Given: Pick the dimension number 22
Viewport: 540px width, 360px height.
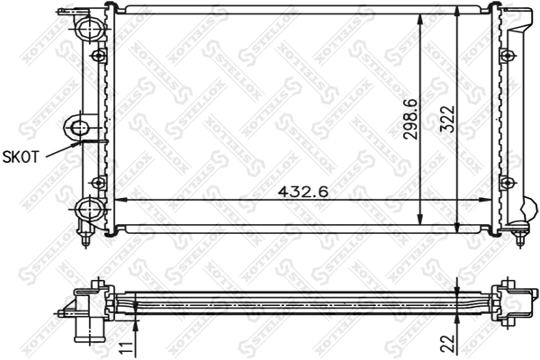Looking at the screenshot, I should pyautogui.click(x=447, y=343).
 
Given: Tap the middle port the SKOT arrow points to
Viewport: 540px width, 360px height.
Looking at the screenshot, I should pyautogui.click(x=79, y=126).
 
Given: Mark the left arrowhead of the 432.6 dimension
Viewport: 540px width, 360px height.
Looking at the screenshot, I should pyautogui.click(x=115, y=200).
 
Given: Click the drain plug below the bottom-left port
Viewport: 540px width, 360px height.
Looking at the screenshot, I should pyautogui.click(x=86, y=238).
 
